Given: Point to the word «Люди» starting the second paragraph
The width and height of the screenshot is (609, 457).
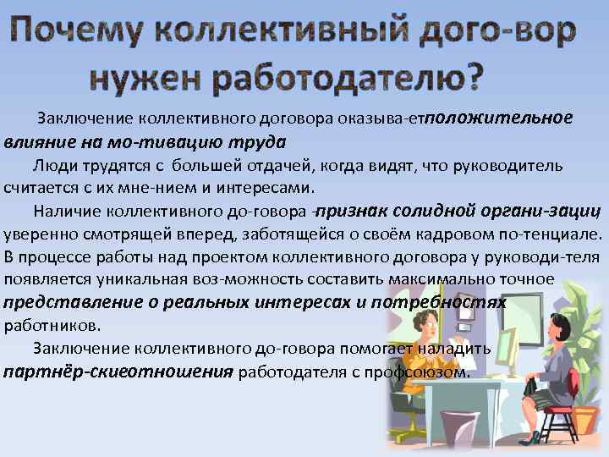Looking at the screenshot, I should coord(54,164).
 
